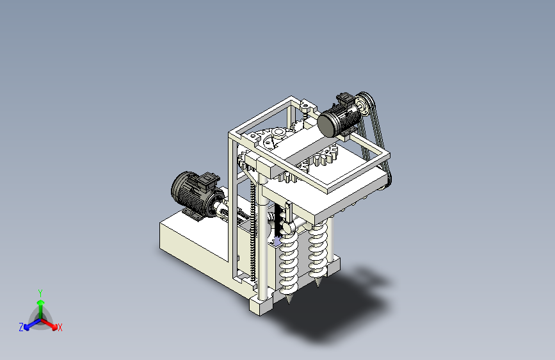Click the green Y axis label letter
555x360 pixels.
pos(40,293)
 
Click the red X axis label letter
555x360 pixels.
pos(60,327)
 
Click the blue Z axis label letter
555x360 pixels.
pos(21,327)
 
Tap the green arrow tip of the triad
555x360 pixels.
pos(41,302)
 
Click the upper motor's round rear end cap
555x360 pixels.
pos(326,124)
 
